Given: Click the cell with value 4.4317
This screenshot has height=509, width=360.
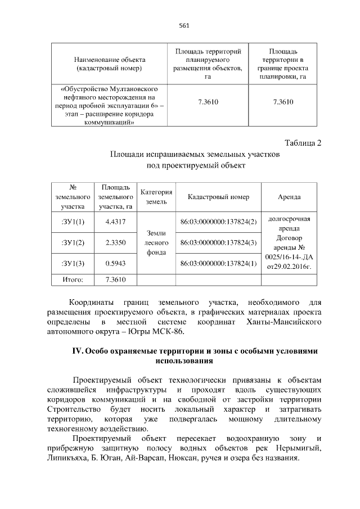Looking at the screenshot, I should [115, 222].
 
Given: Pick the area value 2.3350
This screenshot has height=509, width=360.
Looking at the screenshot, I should [115, 242].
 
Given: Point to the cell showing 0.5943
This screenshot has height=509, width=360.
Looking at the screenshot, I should [115, 263].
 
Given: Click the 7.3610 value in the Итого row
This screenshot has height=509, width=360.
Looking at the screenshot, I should [115, 280].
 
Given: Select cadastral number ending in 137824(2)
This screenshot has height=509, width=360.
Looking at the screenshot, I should [218, 222].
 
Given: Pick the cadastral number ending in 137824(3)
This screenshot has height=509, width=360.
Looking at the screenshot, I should [218, 242].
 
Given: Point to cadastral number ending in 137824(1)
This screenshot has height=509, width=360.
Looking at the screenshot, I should [218, 263].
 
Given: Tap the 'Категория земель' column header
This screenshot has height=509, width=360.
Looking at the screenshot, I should [156, 196].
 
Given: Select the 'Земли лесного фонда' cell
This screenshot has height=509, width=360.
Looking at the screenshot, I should [156, 242].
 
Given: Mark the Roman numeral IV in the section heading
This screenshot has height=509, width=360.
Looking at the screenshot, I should [77, 351].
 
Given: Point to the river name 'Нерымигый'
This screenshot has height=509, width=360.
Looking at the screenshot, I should [298, 449].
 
